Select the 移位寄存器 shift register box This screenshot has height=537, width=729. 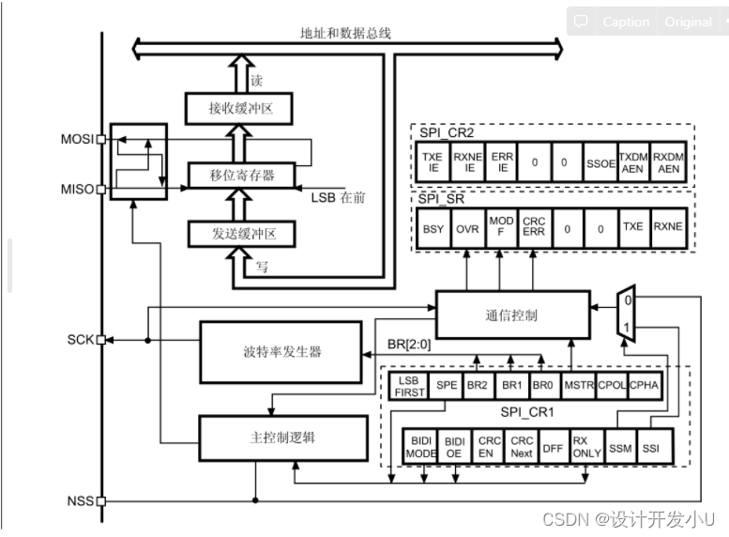coord(241,175)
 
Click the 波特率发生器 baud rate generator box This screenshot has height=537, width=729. coord(281,352)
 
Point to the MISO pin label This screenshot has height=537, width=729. coord(78,189)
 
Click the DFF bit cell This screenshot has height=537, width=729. coord(553,447)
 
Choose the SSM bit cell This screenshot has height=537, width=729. coord(619,447)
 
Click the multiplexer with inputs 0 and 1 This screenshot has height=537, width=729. coord(626,313)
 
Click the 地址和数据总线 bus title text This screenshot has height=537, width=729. coord(345,33)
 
